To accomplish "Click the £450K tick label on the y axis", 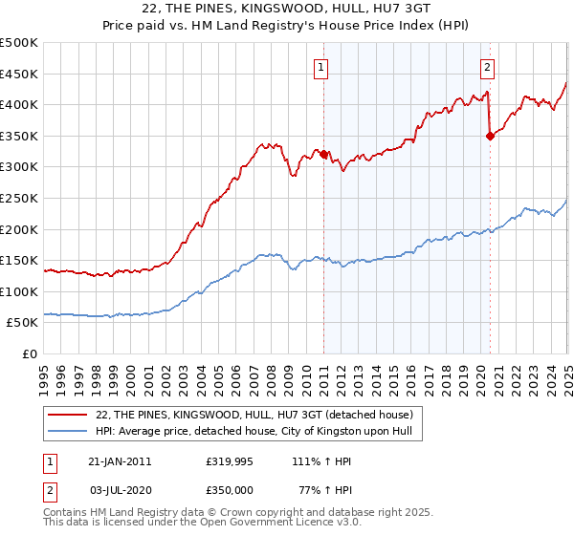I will [19, 75].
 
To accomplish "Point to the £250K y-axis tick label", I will [19, 199].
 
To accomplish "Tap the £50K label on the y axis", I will [23, 323].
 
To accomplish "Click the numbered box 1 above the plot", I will [320, 67].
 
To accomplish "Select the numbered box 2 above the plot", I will [488, 67].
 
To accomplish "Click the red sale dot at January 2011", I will [323, 154].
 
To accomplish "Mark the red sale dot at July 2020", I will [490, 136].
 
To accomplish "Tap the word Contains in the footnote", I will [66, 512].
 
